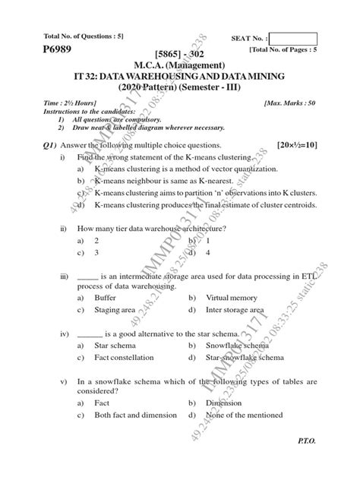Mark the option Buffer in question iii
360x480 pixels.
point(105,298)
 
